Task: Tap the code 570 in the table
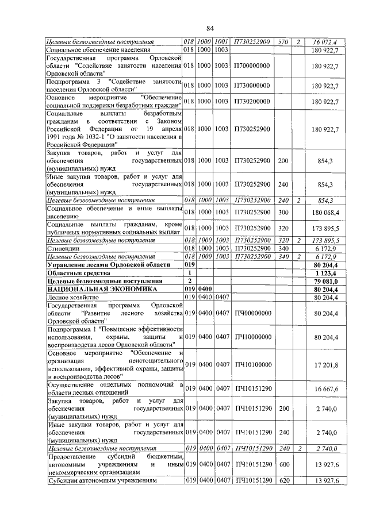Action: (282, 42)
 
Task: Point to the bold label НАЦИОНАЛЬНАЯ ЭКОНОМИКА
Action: (93, 289)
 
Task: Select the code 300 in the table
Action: (282, 214)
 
